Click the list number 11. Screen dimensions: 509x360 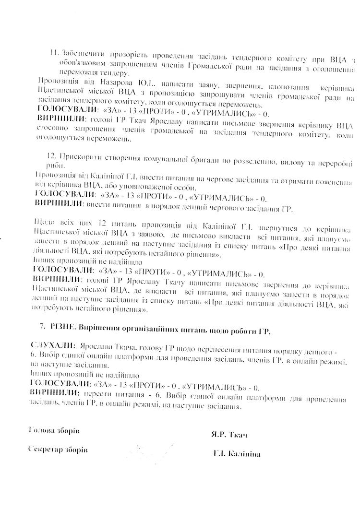[54, 52]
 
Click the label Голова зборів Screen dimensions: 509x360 [54, 430]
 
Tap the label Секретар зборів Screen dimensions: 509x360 [58, 450]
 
